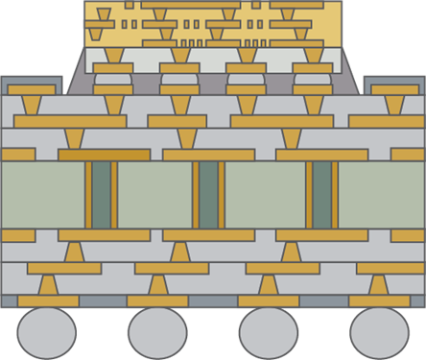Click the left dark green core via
click(x=101, y=195)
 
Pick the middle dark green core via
click(x=208, y=195)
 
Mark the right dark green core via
click(x=321, y=195)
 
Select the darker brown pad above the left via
click(x=104, y=155)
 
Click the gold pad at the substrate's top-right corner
click(x=393, y=89)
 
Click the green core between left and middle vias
click(x=154, y=195)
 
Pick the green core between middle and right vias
click(x=265, y=195)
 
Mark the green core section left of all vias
click(x=42, y=195)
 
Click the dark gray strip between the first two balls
click(x=102, y=301)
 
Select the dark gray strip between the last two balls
click(x=324, y=301)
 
